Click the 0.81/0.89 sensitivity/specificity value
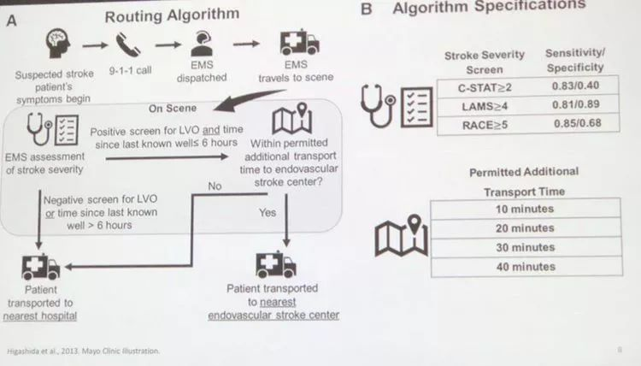tap(574, 106)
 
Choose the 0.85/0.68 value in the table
tap(574, 126)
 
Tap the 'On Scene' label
tap(173, 109)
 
